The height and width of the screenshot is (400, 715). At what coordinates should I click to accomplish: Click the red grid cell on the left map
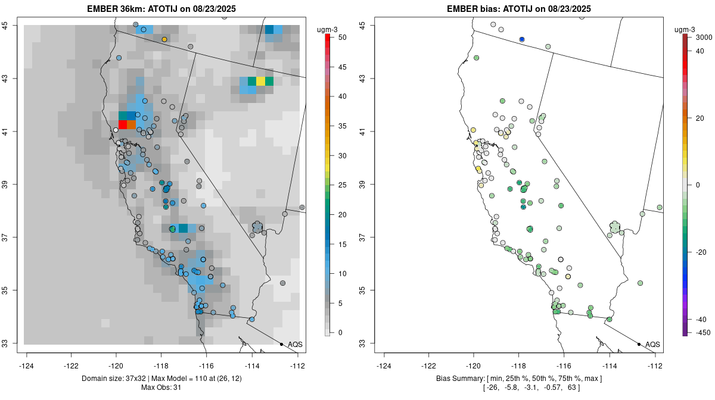point(123,124)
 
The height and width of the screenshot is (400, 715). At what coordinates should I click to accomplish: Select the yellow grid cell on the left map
point(260,81)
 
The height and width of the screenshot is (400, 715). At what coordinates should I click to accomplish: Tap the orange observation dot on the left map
point(164,39)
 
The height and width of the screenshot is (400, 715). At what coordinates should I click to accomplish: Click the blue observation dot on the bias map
point(522,39)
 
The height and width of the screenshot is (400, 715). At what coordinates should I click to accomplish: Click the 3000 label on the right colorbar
point(704,37)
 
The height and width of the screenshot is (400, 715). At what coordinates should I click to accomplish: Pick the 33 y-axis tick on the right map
point(369,343)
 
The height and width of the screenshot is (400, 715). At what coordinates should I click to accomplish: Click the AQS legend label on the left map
point(296,345)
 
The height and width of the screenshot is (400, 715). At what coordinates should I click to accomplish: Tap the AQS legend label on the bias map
point(653,345)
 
